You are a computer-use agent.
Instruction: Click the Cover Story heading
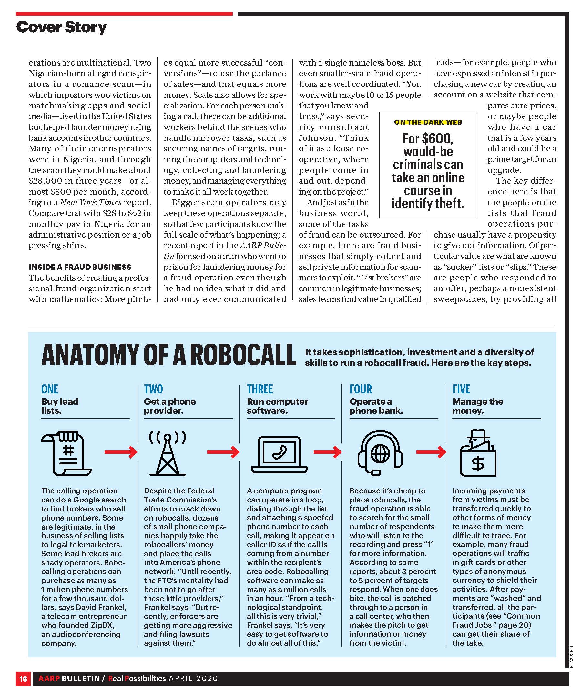click(62, 27)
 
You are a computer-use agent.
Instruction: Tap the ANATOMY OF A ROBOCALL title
click(168, 355)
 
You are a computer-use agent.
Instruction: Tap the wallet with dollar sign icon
click(478, 454)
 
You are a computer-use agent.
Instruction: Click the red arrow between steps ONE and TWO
click(121, 452)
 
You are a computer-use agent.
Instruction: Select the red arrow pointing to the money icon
click(431, 452)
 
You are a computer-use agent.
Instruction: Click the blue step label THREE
click(260, 389)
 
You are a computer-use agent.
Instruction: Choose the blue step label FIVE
click(461, 389)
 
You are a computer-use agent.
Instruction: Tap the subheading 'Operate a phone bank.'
click(376, 406)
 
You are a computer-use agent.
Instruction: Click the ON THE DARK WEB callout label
click(428, 122)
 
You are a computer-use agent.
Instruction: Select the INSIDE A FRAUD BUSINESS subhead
click(80, 267)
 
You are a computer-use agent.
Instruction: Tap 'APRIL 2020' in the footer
click(193, 678)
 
